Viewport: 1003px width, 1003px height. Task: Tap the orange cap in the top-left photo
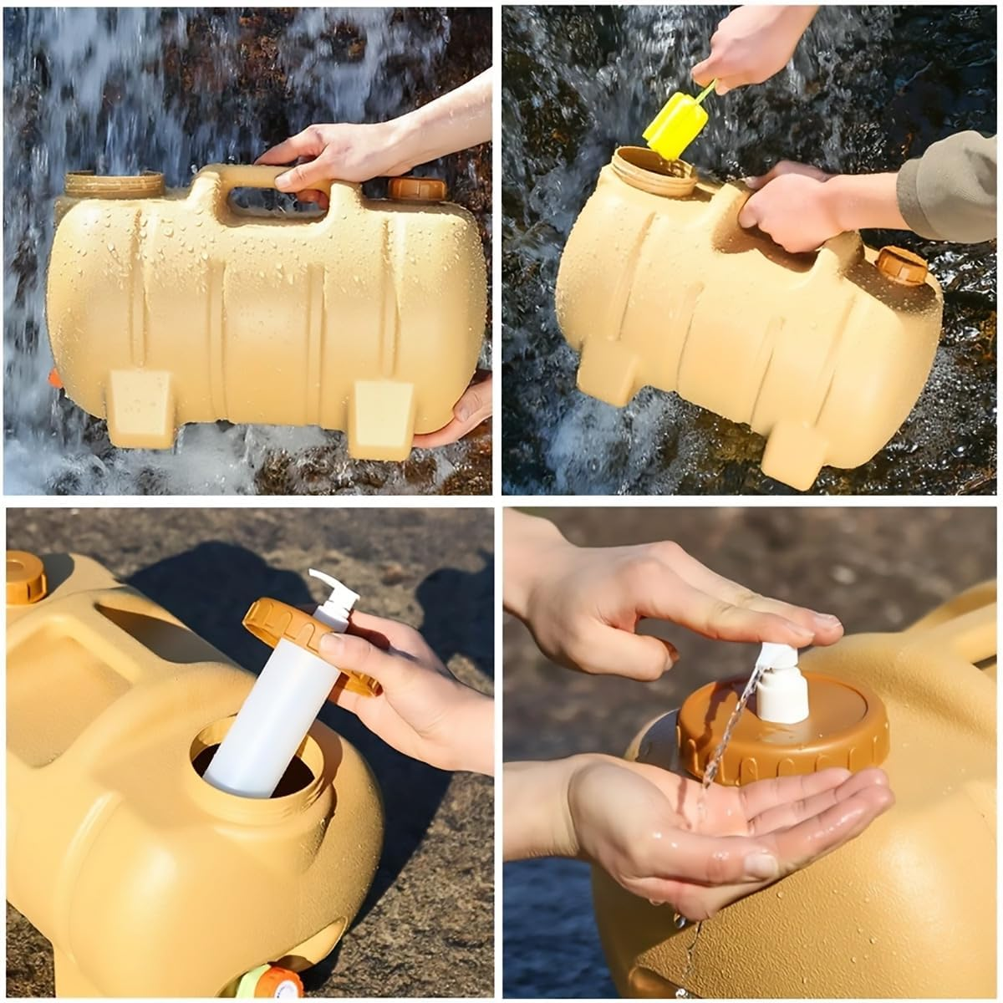pos(417,189)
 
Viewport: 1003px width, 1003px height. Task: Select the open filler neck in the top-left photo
pos(115,184)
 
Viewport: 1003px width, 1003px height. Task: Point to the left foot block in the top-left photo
pos(140,409)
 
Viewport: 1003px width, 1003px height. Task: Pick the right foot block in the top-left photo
pos(382,418)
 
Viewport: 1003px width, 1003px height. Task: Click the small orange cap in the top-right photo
pos(901,265)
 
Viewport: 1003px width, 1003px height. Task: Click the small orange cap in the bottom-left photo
pos(25,577)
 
